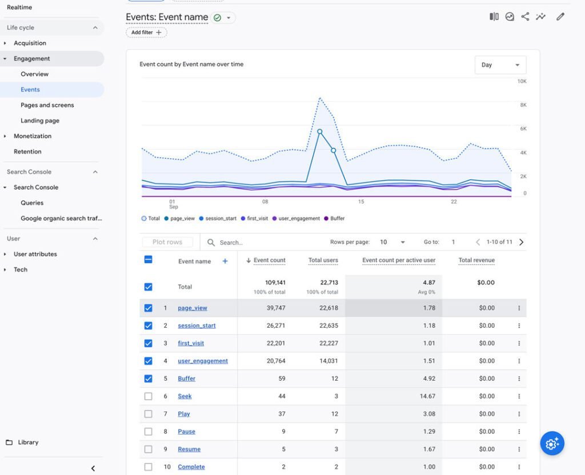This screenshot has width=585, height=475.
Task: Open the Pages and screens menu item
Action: coord(47,105)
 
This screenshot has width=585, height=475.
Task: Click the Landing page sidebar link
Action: coord(40,120)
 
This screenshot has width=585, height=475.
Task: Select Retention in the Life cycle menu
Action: coord(27,151)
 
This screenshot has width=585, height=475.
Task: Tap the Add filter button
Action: coord(146,33)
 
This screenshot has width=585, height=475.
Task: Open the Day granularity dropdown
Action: coord(500,65)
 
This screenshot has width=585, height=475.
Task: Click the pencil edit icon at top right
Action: coord(560,17)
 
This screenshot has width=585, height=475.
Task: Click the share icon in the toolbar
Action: coord(525,17)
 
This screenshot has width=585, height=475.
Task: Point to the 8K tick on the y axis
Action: coord(523,105)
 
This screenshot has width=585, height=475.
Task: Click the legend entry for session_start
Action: coord(218,219)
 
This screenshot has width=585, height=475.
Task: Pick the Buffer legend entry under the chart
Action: coord(334,219)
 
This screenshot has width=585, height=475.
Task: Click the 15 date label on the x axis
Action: coord(361,202)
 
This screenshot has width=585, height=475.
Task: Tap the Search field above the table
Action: coord(261,242)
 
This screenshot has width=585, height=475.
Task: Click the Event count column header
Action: coord(270,260)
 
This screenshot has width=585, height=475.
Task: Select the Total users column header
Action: coord(323,260)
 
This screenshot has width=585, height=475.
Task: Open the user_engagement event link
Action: coord(203,361)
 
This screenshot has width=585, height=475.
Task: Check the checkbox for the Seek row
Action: coord(148,396)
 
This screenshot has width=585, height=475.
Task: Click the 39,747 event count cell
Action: coord(276,308)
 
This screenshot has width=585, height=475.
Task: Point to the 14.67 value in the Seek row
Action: coord(427,396)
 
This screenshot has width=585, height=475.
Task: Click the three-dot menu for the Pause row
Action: coord(519,432)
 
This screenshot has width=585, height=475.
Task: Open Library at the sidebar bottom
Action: coord(22,442)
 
